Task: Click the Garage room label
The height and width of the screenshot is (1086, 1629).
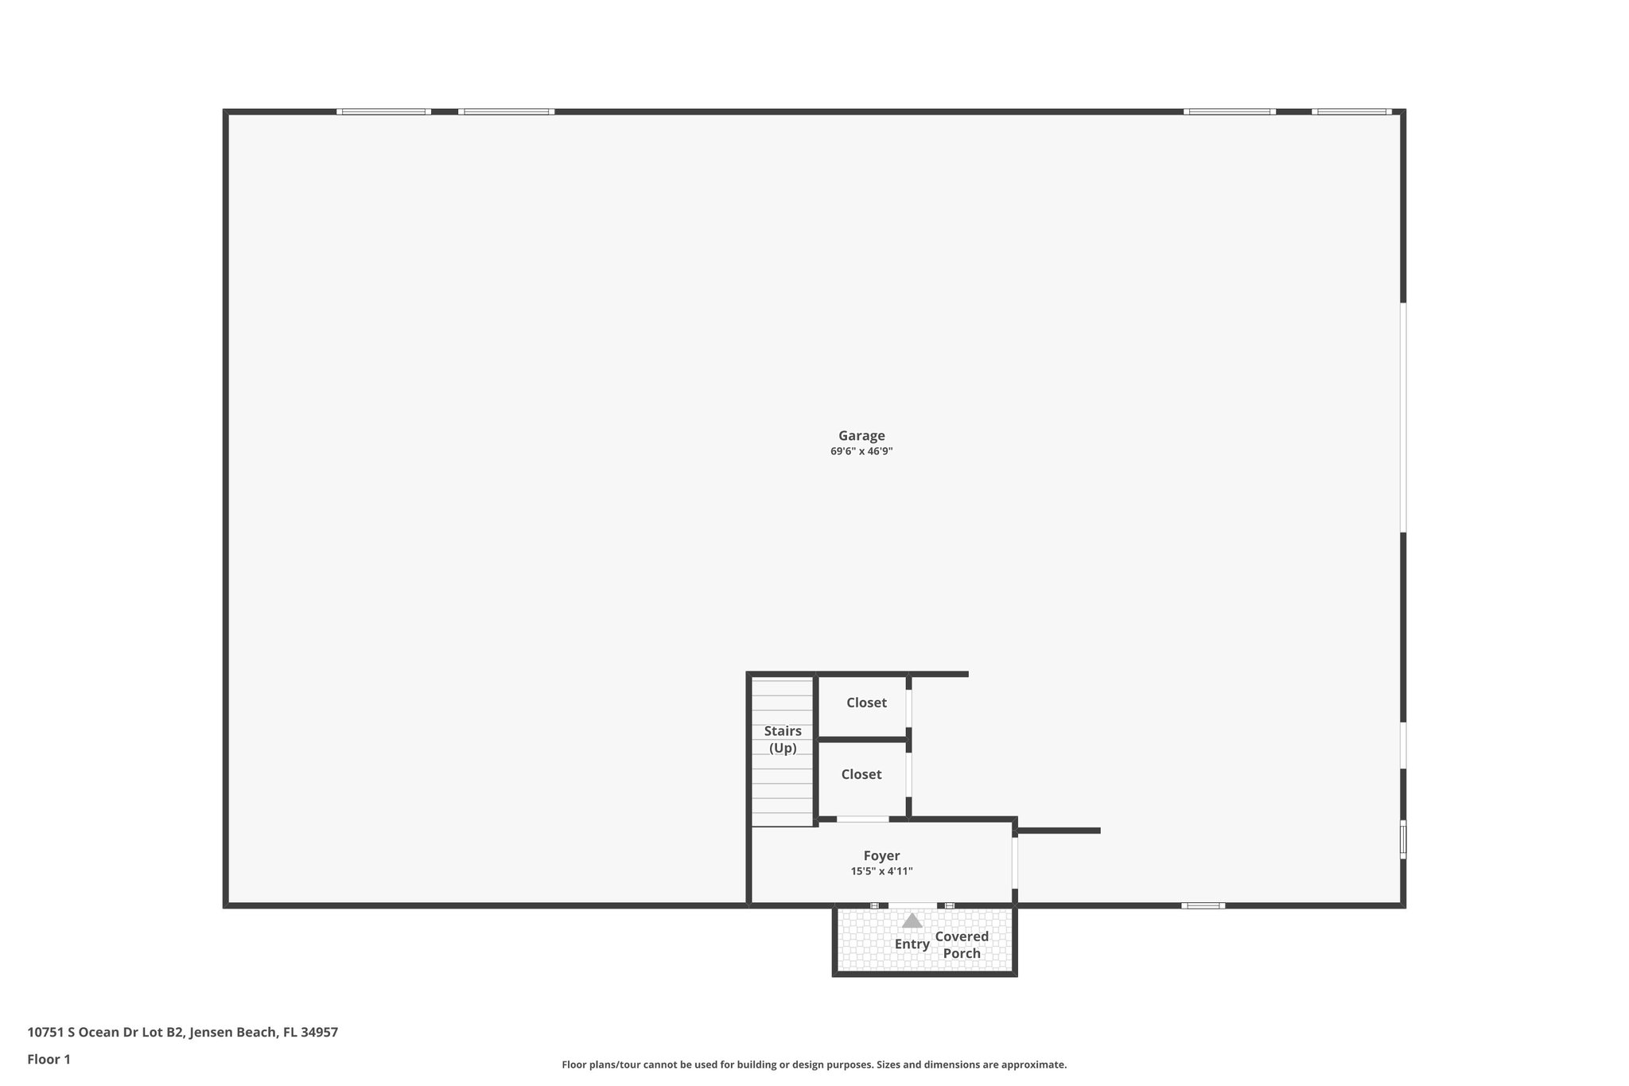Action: click(861, 436)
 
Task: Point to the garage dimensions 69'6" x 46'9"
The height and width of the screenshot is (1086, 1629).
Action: click(861, 452)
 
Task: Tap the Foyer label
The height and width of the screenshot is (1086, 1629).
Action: click(881, 856)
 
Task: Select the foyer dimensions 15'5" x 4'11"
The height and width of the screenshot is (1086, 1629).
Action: click(881, 871)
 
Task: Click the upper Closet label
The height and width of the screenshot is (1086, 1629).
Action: click(866, 703)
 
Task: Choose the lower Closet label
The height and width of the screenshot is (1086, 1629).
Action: click(861, 774)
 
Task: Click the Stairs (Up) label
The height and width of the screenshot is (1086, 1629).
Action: click(783, 739)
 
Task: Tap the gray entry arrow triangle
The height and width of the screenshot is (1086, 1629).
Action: click(912, 921)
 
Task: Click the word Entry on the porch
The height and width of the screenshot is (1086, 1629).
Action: click(912, 944)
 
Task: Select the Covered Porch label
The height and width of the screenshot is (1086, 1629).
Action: click(962, 945)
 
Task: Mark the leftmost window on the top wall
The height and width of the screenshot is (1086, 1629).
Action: click(383, 112)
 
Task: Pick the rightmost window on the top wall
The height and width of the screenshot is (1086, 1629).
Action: click(1351, 112)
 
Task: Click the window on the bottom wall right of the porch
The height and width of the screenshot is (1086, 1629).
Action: click(1203, 905)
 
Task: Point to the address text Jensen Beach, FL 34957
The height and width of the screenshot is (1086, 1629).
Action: click(264, 1033)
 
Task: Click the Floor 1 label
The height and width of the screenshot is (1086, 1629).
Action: click(49, 1060)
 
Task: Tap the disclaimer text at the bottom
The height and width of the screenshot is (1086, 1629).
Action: click(814, 1065)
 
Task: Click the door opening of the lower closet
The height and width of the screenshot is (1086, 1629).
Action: click(908, 774)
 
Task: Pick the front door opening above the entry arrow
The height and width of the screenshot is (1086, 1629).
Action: click(912, 905)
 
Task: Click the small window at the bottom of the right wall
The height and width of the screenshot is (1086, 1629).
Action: click(1403, 839)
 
